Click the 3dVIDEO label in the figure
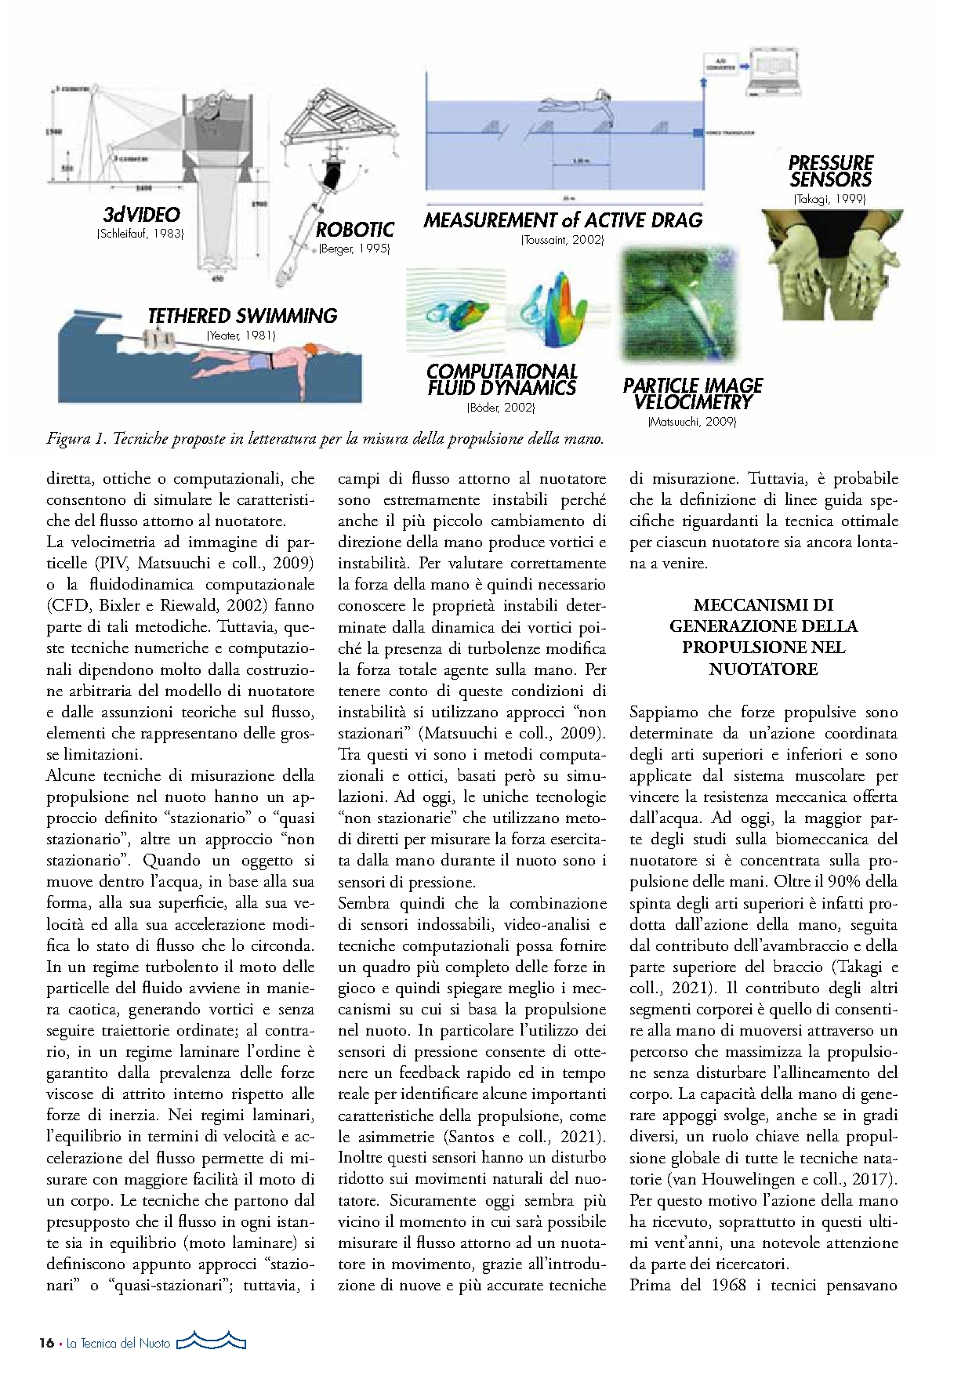tap(141, 215)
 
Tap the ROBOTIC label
tap(354, 230)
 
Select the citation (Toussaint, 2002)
tap(562, 240)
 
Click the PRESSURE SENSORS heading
tap(830, 171)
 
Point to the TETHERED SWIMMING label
tap(242, 316)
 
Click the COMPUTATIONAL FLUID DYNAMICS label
tap(502, 379)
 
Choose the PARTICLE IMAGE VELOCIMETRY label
tap(693, 394)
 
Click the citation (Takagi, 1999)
tap(829, 199)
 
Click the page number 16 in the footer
tap(46, 1343)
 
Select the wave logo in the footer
tap(211, 1341)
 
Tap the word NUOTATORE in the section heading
tap(763, 669)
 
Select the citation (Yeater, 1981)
tap(241, 336)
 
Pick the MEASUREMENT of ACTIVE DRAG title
tap(563, 220)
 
